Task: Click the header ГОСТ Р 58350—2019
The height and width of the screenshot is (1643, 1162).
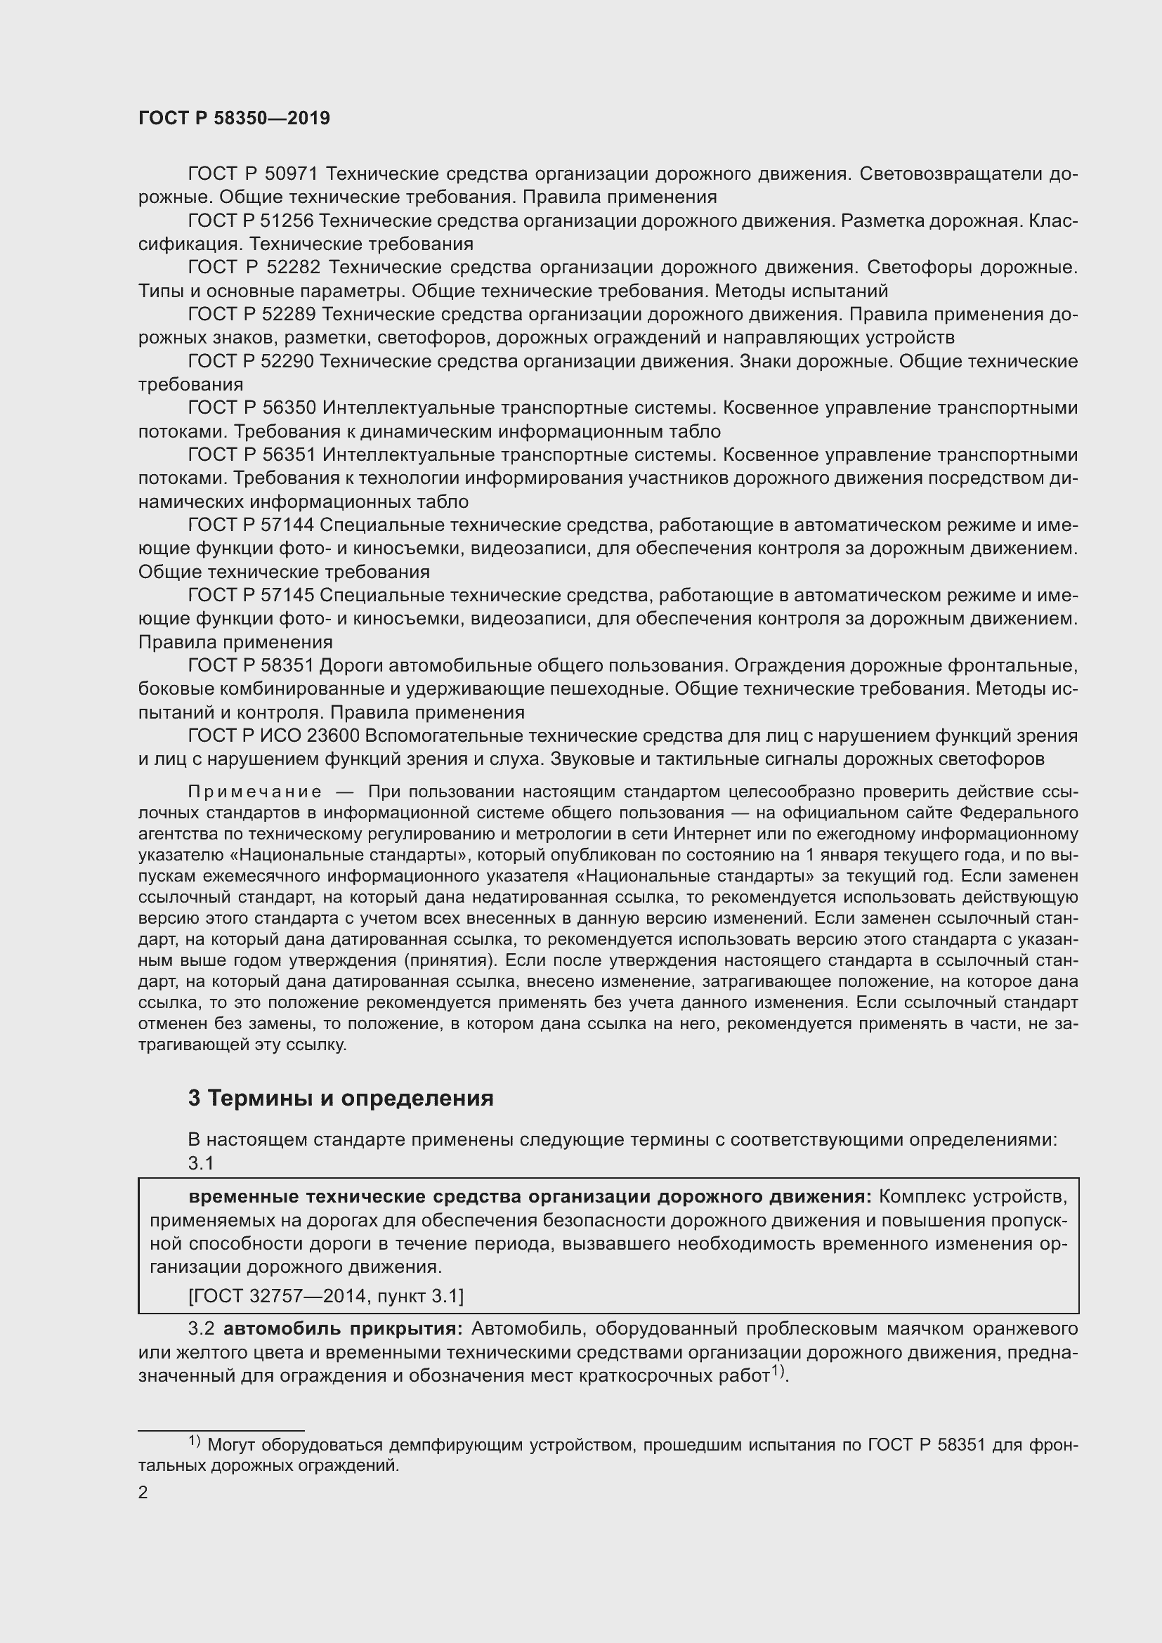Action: pos(234,118)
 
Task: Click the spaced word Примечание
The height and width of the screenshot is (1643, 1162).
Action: pos(254,792)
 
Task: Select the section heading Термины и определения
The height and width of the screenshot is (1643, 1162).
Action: pos(350,1099)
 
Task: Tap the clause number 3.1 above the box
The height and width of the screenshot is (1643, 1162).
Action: pos(201,1163)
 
